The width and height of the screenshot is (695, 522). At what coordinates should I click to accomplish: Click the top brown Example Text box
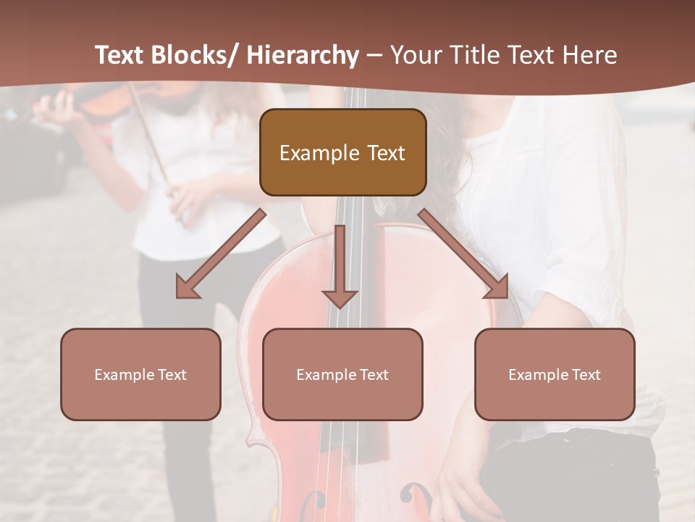click(x=342, y=152)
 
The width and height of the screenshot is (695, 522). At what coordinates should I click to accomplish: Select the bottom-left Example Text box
click(x=140, y=374)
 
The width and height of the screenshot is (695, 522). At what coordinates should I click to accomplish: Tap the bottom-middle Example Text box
click(x=342, y=374)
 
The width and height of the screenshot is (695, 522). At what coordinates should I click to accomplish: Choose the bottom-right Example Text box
click(x=555, y=374)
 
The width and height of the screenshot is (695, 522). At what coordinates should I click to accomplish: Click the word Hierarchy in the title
click(x=302, y=55)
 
